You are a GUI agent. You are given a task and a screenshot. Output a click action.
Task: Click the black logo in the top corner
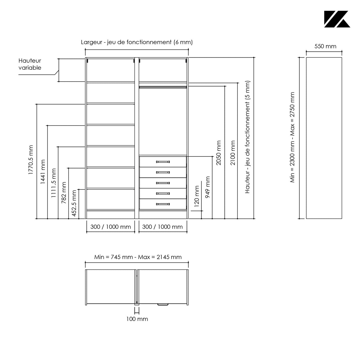pos(337,19)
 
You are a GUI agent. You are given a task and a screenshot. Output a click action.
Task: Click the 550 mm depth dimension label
pos(325,46)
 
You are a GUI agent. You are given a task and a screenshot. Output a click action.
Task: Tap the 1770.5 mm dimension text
pos(31,160)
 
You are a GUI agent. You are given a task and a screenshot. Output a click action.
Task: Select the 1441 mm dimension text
pos(43,172)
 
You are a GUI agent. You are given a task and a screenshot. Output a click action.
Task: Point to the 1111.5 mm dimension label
pos(54,183)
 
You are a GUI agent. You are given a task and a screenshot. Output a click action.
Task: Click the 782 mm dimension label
pos(64,193)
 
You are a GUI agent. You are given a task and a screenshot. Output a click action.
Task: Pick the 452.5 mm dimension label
pos(74,203)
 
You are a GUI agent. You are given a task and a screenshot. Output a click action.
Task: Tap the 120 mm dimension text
pos(197,196)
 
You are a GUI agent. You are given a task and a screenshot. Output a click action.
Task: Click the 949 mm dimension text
pos(208,187)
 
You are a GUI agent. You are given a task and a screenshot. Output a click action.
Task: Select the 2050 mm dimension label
pos(218,153)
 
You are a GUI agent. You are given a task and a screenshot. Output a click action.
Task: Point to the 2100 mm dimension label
pos(233,153)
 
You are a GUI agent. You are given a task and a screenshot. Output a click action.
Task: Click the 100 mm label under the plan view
pos(137,319)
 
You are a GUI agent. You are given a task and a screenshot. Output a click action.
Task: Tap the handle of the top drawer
pos(163,162)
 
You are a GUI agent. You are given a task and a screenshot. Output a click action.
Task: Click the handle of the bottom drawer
pos(163,204)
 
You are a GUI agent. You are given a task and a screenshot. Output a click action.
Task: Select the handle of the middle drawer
pos(163,183)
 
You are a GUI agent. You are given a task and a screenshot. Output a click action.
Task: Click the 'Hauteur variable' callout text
pos(30,64)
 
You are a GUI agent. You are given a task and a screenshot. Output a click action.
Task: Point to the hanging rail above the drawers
pos(163,87)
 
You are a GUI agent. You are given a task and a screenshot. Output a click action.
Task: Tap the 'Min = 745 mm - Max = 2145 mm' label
pos(138,257)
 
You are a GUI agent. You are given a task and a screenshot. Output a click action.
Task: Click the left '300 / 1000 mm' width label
pos(111,227)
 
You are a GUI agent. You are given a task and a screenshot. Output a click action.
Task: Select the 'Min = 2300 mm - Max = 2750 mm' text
pos(292,137)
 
